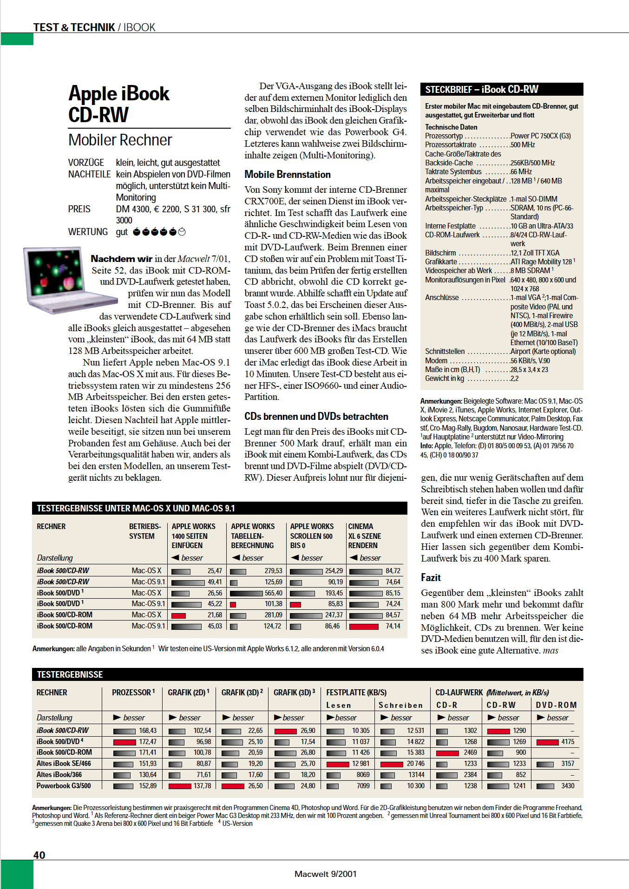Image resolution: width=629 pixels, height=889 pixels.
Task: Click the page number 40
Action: pyautogui.click(x=39, y=855)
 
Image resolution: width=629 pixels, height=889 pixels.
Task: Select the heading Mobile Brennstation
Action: pyautogui.click(x=288, y=175)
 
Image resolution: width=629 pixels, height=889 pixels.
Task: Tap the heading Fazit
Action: pyautogui.click(x=431, y=577)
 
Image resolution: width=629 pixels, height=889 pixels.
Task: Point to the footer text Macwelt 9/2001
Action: pyautogui.click(x=325, y=874)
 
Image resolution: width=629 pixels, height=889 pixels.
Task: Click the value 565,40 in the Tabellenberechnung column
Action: pyautogui.click(x=273, y=593)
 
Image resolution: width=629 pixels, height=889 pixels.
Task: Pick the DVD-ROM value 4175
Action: pyautogui.click(x=568, y=742)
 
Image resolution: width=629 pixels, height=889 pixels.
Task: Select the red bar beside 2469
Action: pyautogui.click(x=447, y=753)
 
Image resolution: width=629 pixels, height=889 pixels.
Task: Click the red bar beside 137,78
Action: pyautogui.click(x=180, y=786)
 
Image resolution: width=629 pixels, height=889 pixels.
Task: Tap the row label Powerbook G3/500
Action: pyautogui.click(x=64, y=786)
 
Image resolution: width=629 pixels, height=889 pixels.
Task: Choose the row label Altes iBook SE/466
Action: pyautogui.click(x=64, y=764)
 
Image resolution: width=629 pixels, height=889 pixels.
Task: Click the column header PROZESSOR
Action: pyautogui.click(x=132, y=693)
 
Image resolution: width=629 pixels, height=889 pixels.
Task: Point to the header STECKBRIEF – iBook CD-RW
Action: pyautogui.click(x=482, y=89)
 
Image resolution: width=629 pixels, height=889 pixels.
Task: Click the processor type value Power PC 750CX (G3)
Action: pyautogui.click(x=540, y=136)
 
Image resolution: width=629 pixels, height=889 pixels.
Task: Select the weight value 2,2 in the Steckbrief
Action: pyautogui.click(x=514, y=379)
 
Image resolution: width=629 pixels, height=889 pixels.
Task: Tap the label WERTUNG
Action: pyautogui.click(x=88, y=232)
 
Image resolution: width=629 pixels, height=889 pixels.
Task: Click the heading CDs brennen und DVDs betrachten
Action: pyautogui.click(x=316, y=417)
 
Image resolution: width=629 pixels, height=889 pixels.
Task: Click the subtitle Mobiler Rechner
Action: pyautogui.click(x=120, y=140)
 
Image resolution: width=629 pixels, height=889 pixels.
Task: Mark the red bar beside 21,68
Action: pyautogui.click(x=179, y=615)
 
